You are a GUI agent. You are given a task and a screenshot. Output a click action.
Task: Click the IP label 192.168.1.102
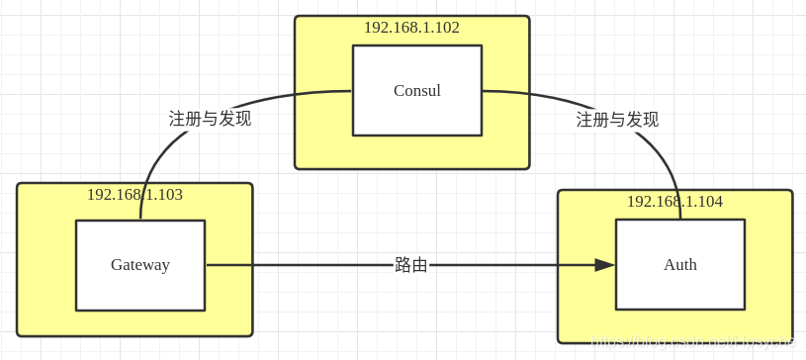(411, 28)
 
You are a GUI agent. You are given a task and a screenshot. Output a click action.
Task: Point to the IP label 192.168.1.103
(134, 195)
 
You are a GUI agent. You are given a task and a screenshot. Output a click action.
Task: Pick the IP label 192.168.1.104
(674, 202)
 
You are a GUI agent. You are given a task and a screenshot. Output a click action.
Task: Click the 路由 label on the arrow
(411, 265)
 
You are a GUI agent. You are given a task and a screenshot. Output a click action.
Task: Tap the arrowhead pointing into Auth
(604, 265)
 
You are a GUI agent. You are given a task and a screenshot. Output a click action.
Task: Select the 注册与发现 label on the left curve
(210, 119)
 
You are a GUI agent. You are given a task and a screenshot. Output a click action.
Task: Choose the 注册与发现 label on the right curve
(617, 120)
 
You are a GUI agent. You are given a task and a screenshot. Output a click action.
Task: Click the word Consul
(416, 91)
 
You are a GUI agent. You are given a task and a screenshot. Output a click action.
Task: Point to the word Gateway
(139, 265)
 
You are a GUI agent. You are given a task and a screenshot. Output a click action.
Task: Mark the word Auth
(679, 265)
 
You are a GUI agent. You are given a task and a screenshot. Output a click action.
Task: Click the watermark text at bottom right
(692, 341)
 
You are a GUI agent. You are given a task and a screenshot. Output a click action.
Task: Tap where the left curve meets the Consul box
(353, 91)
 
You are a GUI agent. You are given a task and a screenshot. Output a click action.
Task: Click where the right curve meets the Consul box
(482, 91)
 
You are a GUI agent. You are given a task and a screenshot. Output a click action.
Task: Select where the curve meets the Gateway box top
(140, 221)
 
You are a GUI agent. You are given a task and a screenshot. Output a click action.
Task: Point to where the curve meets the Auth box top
(680, 220)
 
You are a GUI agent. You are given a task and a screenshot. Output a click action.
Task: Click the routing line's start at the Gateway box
(206, 265)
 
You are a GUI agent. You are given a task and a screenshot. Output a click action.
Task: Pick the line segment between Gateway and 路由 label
(297, 265)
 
